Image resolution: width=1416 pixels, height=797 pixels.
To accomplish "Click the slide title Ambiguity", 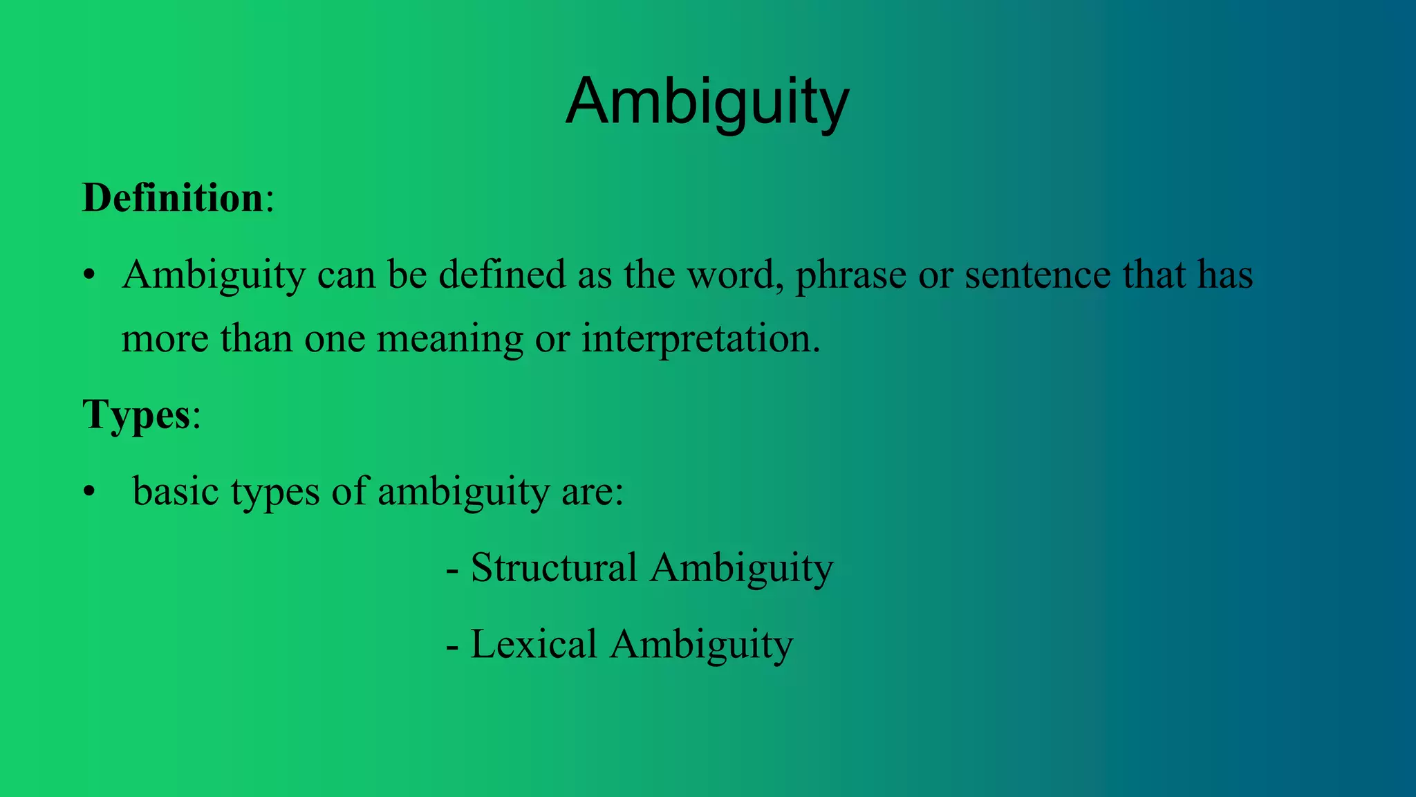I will tap(707, 102).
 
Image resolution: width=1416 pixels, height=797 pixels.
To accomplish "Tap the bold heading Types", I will tap(136, 414).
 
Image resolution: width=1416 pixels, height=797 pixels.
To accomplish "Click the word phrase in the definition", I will tap(850, 275).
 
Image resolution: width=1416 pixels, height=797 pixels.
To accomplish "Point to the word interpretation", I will tap(700, 340).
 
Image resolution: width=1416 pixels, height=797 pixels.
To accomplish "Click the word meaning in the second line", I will tap(449, 340).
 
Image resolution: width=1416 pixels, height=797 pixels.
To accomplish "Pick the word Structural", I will tap(554, 568).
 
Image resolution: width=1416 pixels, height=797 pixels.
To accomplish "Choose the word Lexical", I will tap(533, 644).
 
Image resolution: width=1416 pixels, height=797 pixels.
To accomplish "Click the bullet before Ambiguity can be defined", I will tap(88, 276).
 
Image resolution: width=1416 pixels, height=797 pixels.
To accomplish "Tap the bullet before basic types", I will tap(88, 493).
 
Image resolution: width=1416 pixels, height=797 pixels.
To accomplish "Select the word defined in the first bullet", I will tap(502, 275).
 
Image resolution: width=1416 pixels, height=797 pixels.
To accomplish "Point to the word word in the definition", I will tap(735, 275).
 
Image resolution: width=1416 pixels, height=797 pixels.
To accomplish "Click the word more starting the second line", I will tap(165, 340).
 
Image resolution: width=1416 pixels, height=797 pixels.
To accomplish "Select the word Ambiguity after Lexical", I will tap(701, 644).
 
